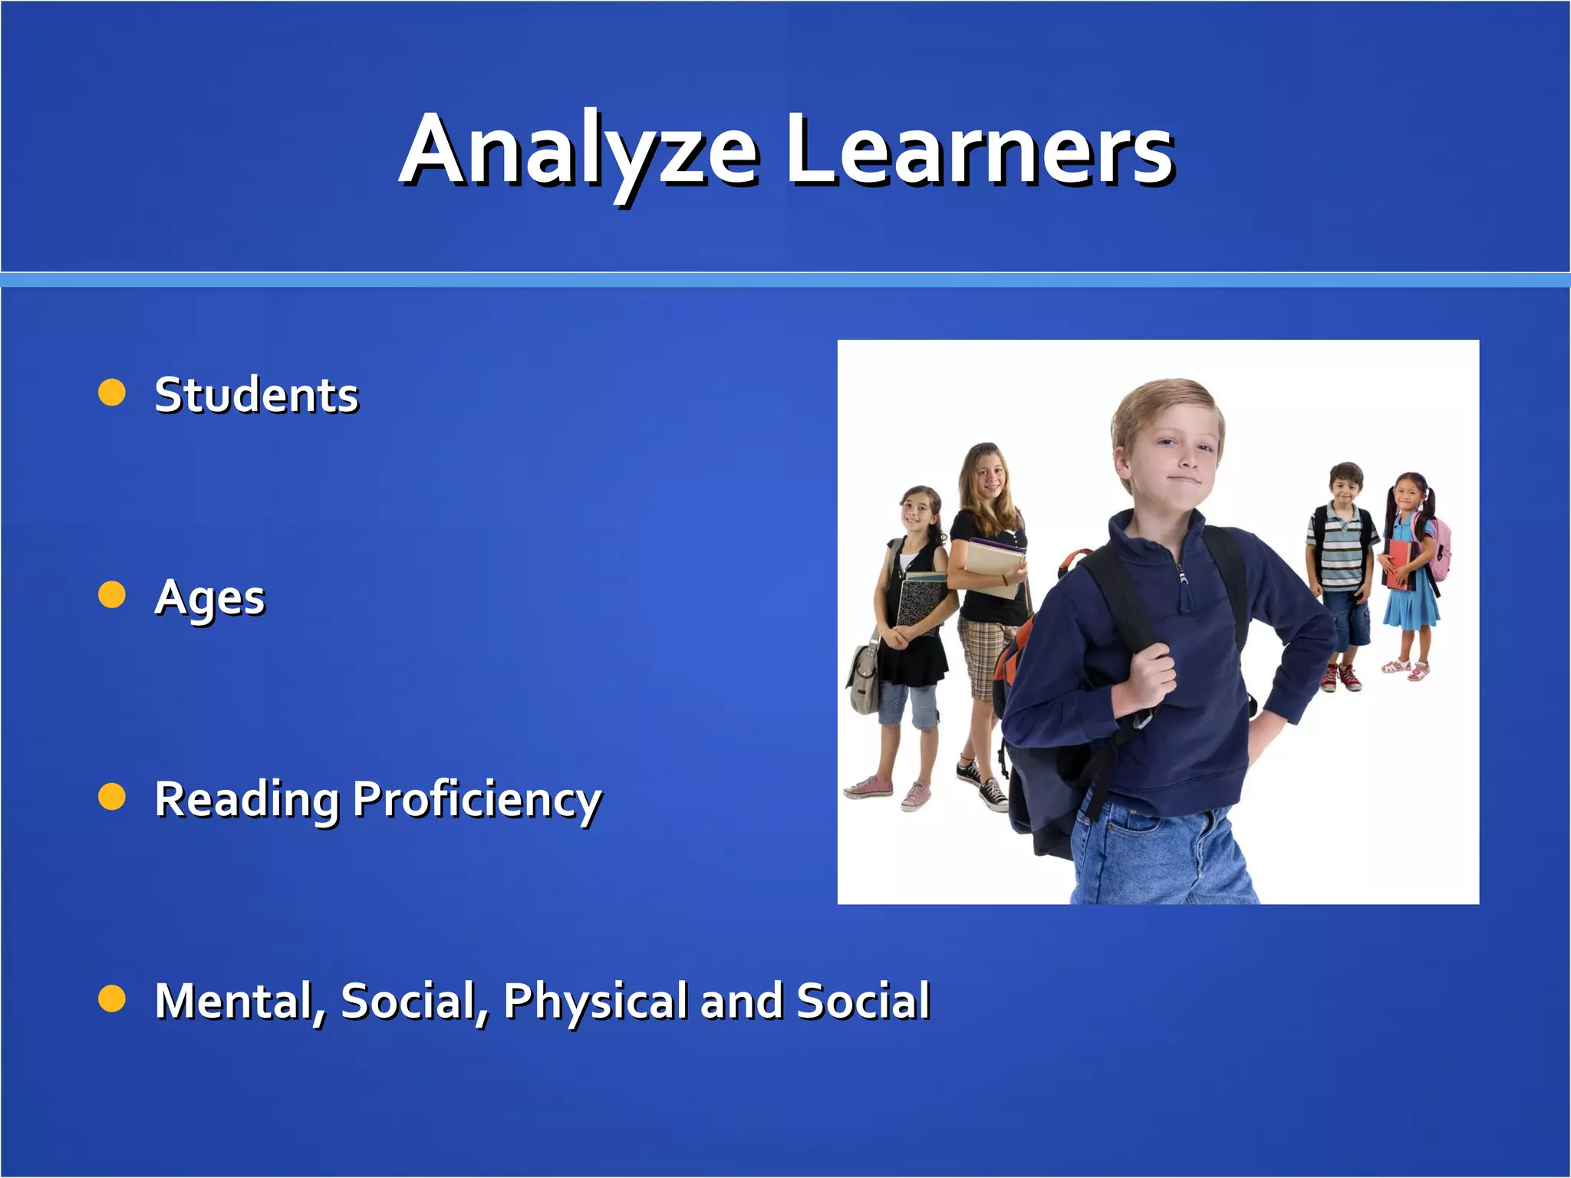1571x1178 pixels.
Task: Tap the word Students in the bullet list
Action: pyautogui.click(x=256, y=395)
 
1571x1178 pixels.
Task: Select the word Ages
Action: pyautogui.click(x=209, y=597)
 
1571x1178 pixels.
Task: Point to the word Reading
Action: pyautogui.click(x=246, y=800)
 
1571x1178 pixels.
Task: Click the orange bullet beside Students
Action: pyautogui.click(x=112, y=392)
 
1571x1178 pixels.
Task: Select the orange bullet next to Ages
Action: pyautogui.click(x=112, y=594)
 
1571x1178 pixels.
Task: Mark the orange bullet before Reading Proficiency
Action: pyautogui.click(x=112, y=797)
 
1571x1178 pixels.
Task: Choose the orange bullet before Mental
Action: pyautogui.click(x=112, y=999)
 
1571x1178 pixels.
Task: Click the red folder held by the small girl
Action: pyautogui.click(x=1399, y=564)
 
